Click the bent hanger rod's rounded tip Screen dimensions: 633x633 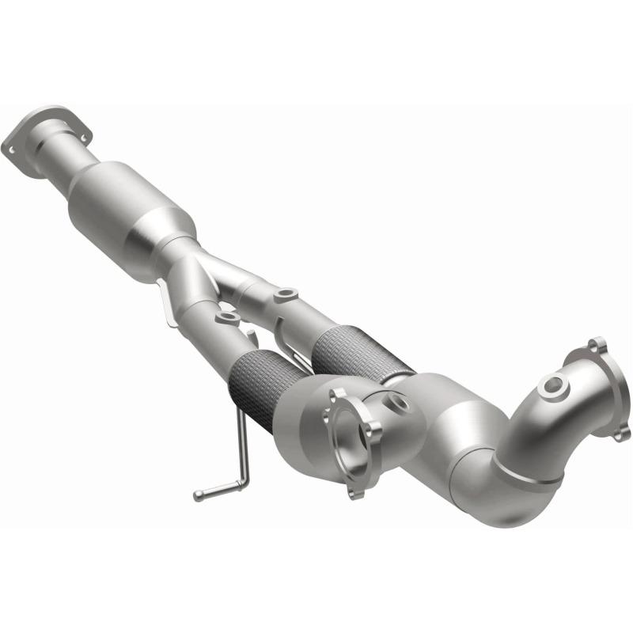pyautogui.click(x=199, y=496)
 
